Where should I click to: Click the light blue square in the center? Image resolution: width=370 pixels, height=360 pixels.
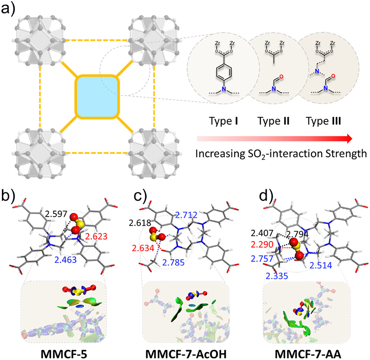coord(98,97)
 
